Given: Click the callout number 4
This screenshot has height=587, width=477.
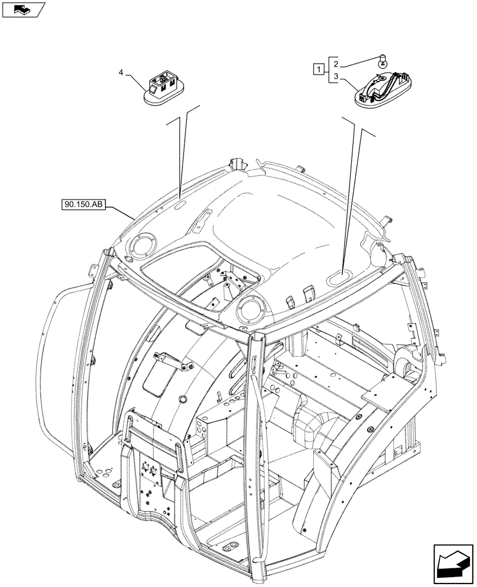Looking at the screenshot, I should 121,73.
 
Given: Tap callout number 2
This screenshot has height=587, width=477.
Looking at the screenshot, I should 335,63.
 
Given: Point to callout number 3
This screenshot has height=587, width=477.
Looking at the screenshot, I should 335,77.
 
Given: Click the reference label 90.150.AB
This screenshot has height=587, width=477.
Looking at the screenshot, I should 82,205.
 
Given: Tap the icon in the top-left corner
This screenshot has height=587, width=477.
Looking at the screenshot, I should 23,9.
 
